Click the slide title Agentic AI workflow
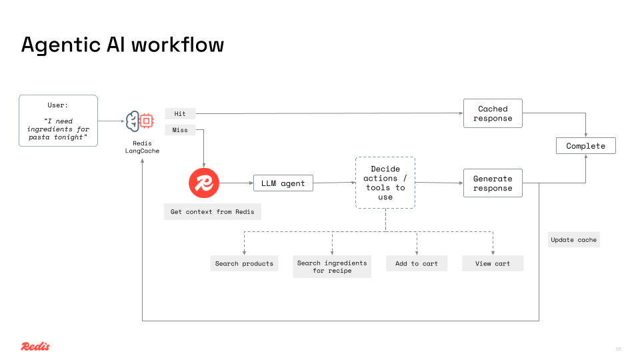tap(123, 45)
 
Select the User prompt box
tap(58, 121)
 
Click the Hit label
tap(180, 114)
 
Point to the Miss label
tap(180, 130)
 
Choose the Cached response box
tap(493, 113)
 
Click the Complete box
tap(585, 146)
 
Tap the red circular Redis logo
tap(204, 183)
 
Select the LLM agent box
tap(283, 183)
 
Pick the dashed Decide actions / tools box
tap(385, 183)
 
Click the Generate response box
tap(493, 183)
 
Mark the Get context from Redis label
tap(212, 212)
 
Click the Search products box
tap(244, 263)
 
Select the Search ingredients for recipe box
tap(332, 267)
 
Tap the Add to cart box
tap(417, 263)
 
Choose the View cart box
tap(493, 263)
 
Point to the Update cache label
tap(574, 239)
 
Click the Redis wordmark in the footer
tap(35, 346)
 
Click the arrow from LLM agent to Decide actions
tap(333, 183)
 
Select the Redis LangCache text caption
tap(142, 147)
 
